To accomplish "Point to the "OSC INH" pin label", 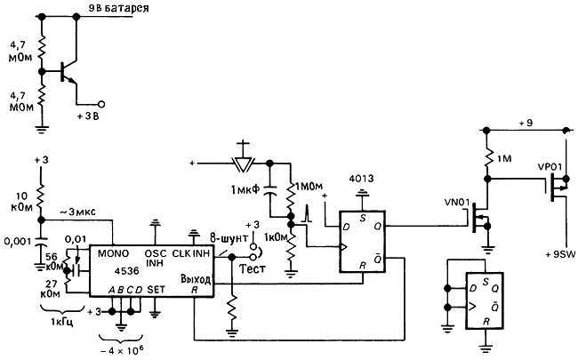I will (x=157, y=259).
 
